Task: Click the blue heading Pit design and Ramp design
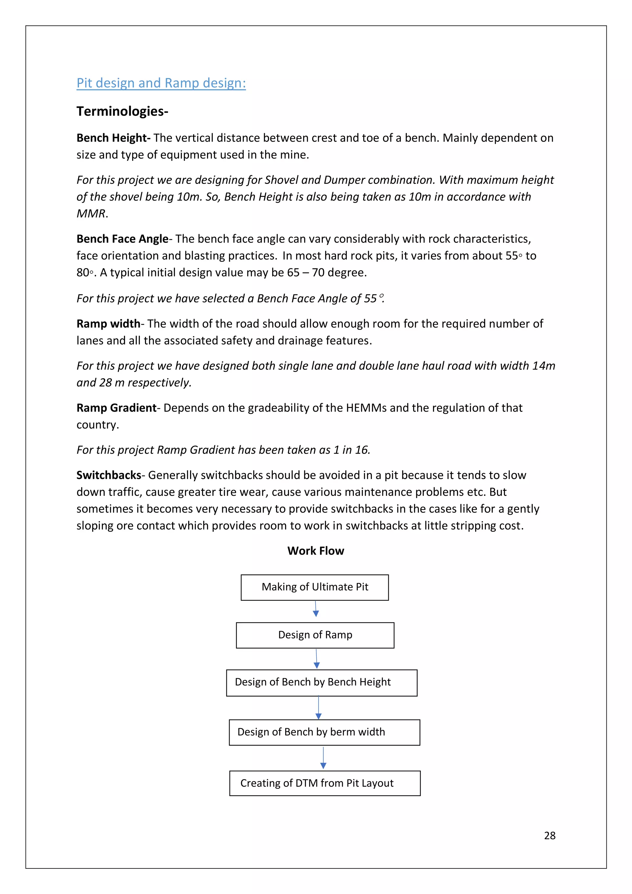click(x=161, y=83)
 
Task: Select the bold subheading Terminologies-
click(x=122, y=111)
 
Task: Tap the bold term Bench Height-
click(x=113, y=138)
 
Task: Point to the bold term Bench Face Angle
click(x=122, y=239)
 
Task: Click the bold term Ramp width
click(x=108, y=324)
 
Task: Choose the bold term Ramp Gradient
click(x=116, y=408)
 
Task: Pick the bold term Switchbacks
click(x=109, y=475)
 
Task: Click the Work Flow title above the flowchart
click(x=315, y=551)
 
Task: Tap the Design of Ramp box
click(x=315, y=635)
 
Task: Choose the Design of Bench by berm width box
click(x=324, y=732)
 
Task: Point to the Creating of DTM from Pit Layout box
click(x=324, y=783)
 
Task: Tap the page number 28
click(x=549, y=836)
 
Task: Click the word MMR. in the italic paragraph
click(x=92, y=213)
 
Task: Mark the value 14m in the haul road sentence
click(x=544, y=366)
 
